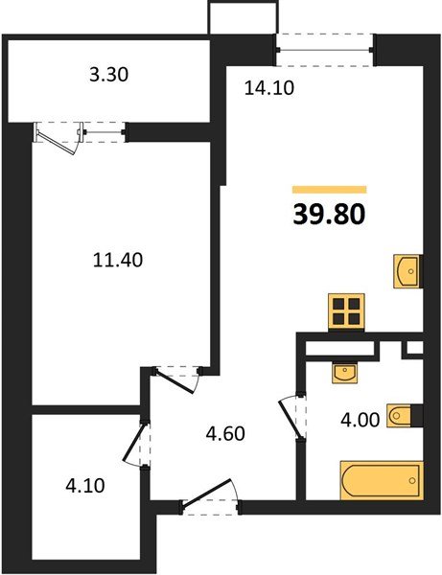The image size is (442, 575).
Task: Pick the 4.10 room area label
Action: [x=83, y=485]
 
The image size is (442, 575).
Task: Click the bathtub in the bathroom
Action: [x=381, y=479]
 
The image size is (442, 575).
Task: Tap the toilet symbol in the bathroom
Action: [x=404, y=415]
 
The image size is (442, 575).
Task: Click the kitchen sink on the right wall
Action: [x=407, y=271]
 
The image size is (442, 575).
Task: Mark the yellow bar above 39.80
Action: [x=329, y=189]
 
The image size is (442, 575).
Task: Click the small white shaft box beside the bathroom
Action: [x=414, y=350]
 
